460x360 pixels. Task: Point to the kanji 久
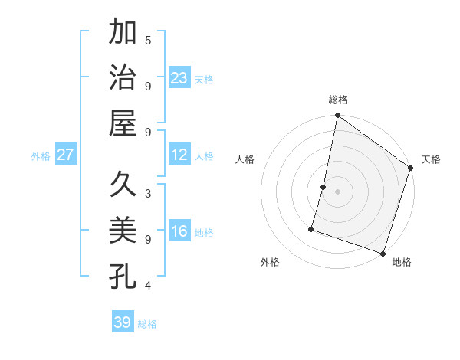point(123,185)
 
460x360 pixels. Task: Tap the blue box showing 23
point(179,78)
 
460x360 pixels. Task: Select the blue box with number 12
point(179,155)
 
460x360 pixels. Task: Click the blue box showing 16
point(179,232)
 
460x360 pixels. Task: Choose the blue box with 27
point(66,155)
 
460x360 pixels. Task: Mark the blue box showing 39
point(123,322)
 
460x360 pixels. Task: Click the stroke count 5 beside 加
point(148,40)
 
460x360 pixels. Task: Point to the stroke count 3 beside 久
point(148,193)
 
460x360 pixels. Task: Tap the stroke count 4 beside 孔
point(148,286)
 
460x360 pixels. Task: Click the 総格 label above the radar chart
point(338,100)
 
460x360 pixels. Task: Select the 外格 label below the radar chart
point(270,262)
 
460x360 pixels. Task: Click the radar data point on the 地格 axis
point(383,253)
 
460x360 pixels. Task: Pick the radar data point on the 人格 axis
point(324,187)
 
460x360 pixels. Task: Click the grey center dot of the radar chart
point(337,191)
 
